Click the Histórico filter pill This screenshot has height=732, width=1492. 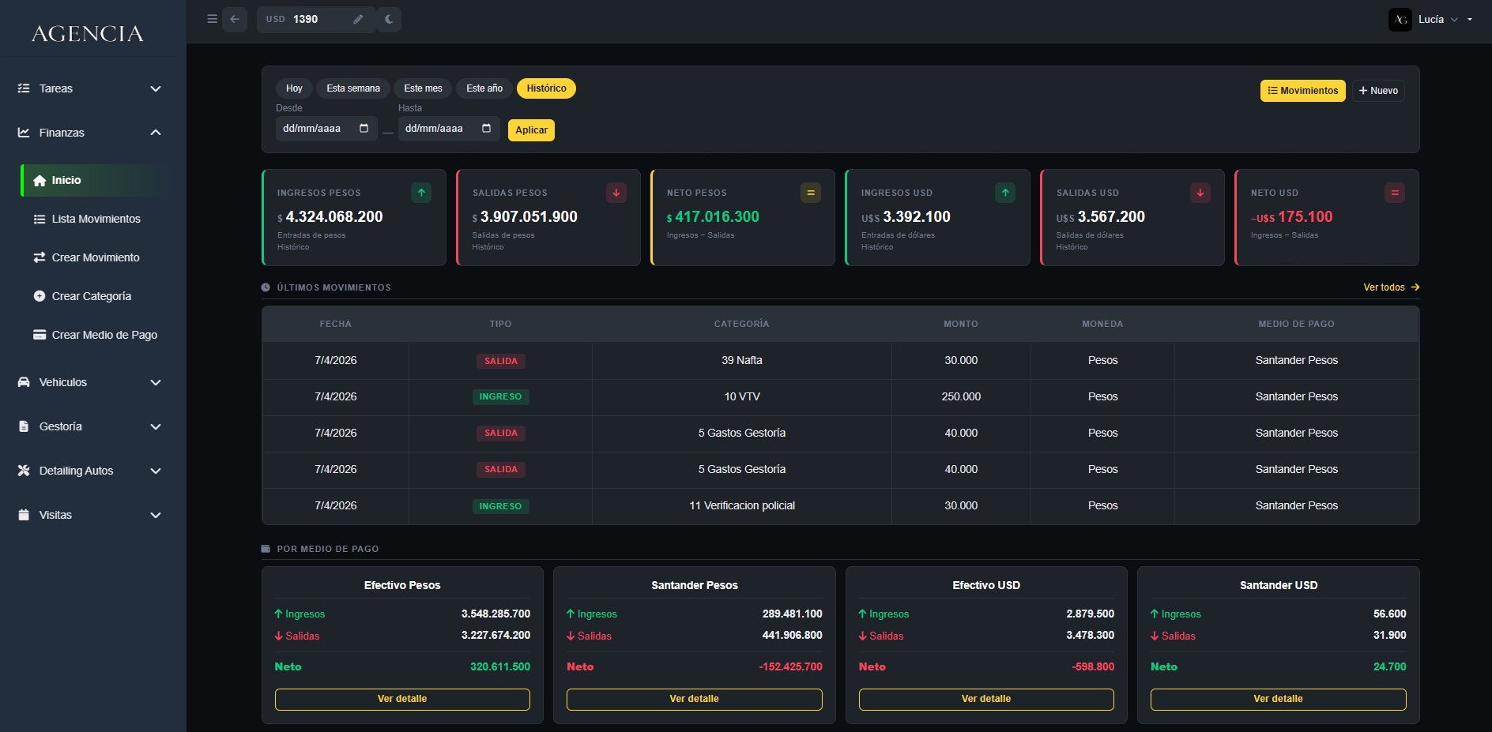[546, 88]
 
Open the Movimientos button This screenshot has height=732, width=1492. [1302, 91]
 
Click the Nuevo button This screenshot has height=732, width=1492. [1378, 91]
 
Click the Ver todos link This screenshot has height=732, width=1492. [1392, 287]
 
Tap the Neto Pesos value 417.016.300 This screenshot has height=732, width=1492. [717, 217]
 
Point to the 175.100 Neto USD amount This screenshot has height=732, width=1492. [1305, 217]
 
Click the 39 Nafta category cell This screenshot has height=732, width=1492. [742, 361]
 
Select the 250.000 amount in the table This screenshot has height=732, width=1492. [961, 397]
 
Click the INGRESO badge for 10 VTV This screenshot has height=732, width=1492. [500, 397]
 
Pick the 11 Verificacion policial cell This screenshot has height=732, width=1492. [742, 506]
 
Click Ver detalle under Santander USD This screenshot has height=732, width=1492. [1278, 699]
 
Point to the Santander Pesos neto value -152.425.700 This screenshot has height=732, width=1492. [790, 667]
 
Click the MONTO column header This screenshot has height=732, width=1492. [961, 324]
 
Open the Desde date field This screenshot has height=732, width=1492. [326, 129]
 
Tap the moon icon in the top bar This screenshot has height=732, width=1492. [389, 20]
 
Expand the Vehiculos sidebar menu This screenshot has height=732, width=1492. [89, 382]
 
